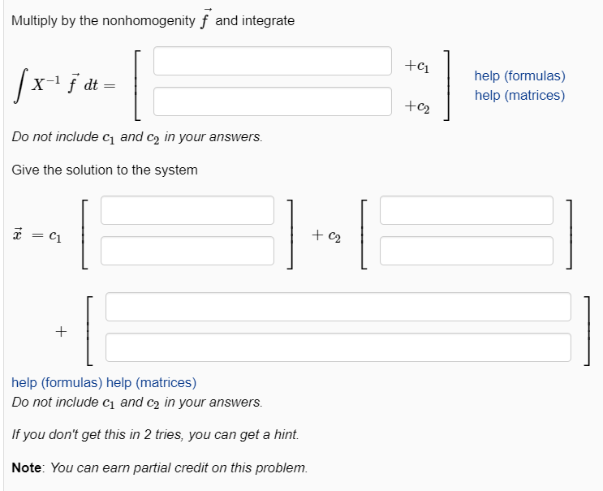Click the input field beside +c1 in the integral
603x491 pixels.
point(273,61)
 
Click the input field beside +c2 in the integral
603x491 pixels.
point(273,101)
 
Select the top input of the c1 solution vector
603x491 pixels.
point(187,209)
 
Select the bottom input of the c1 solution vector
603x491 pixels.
point(187,250)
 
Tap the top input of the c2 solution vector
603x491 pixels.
point(466,209)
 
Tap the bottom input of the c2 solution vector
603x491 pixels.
point(466,250)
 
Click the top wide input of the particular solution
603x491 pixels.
point(338,307)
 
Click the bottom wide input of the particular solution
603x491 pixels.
point(338,347)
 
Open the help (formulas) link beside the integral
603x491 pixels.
point(519,75)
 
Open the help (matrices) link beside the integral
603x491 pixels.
point(519,95)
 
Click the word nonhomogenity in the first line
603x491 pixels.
point(147,21)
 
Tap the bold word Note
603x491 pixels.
point(28,468)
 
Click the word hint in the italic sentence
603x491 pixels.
point(284,435)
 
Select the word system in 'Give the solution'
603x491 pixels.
point(175,170)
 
